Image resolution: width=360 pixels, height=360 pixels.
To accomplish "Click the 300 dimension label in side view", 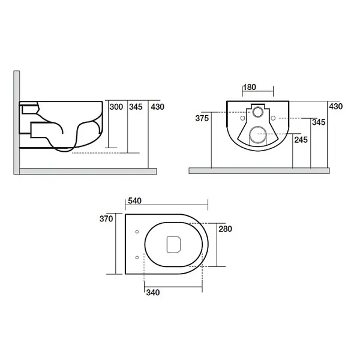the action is click(x=116, y=107).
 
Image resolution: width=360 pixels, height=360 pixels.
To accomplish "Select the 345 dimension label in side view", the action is click(x=136, y=107).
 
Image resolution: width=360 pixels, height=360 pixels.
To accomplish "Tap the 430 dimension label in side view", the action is click(x=157, y=107).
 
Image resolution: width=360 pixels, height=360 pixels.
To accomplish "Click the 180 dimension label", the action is click(x=250, y=87).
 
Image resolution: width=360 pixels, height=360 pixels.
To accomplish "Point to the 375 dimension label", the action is click(x=202, y=118).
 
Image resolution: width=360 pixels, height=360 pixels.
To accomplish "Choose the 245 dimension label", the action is click(x=301, y=140).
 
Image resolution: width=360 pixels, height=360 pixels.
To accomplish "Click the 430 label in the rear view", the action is click(x=335, y=107).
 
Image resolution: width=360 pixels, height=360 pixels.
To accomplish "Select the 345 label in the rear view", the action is click(x=319, y=122).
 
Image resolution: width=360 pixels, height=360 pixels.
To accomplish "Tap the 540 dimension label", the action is click(x=135, y=201).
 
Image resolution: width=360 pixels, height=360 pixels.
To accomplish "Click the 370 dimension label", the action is click(x=106, y=219).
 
